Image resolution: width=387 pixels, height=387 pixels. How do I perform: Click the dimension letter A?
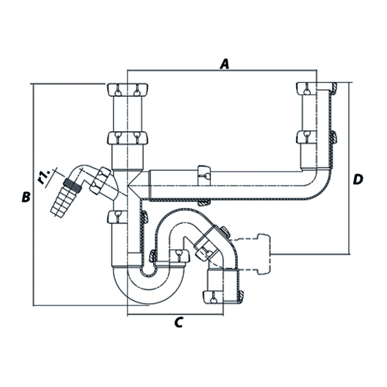tap(225, 63)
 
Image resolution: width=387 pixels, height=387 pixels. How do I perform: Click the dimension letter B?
tap(25, 197)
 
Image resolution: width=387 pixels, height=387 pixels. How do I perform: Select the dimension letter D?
tap(357, 179)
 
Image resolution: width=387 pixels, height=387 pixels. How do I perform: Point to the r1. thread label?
tap(44, 177)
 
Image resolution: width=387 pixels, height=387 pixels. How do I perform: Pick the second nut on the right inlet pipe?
tap(315, 136)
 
